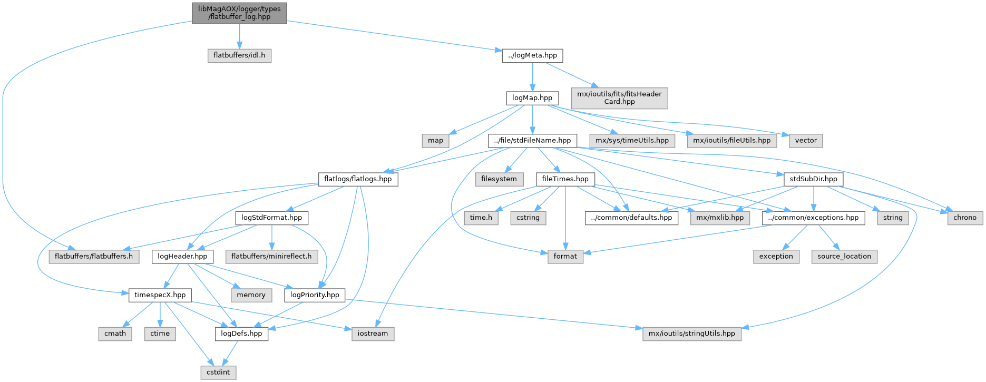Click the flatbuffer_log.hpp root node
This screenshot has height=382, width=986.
pos(239,12)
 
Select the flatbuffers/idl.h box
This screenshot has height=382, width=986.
pos(239,55)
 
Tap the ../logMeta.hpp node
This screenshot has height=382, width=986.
pos(532,55)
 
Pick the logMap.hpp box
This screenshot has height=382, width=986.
pos(532,97)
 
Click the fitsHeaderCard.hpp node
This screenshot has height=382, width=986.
pos(619,97)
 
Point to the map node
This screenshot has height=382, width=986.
pos(435,140)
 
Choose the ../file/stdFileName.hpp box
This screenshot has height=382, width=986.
pos(532,140)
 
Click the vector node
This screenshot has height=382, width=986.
pos(806,140)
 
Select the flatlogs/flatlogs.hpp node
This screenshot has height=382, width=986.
pos(358,179)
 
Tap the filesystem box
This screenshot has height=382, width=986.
pos(499,179)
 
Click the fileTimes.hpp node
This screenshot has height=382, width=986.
pos(565,179)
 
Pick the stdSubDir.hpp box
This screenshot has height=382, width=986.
pos(813,179)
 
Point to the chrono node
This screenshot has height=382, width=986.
pos(965,217)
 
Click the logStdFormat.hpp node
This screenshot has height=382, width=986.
pos(271,217)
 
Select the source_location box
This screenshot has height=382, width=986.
pos(844,256)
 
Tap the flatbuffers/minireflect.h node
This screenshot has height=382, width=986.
pos(271,256)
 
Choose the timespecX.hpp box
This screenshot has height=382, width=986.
pos(160,295)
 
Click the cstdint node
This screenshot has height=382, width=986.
pos(218,372)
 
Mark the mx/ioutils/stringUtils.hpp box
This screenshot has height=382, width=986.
pos(691,333)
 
